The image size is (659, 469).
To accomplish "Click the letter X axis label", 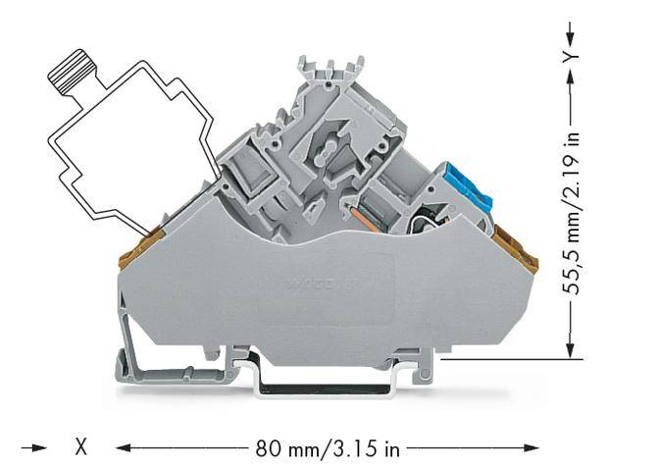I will click(x=82, y=448).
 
